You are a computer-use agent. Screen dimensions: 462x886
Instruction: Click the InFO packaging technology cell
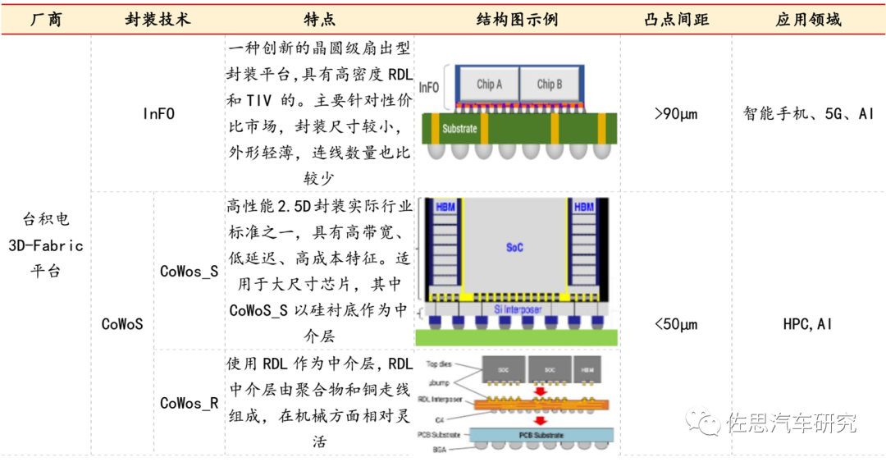[x=158, y=114]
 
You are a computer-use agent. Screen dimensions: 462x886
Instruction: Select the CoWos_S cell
[x=189, y=271]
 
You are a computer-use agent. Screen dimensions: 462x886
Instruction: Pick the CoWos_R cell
[x=189, y=403]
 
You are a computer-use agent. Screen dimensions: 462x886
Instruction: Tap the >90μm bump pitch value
[x=676, y=114]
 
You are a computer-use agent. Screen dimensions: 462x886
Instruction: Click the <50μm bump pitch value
[x=676, y=324]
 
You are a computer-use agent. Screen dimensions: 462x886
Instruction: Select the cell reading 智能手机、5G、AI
[x=808, y=114]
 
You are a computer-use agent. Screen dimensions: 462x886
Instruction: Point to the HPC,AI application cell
[x=808, y=324]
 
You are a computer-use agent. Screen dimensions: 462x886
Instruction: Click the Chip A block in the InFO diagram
[x=489, y=85]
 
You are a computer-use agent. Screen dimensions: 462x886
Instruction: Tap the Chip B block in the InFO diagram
[x=549, y=85]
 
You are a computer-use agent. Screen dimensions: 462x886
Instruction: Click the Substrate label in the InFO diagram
[x=459, y=129]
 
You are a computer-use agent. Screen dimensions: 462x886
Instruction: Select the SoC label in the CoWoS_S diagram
[x=514, y=247]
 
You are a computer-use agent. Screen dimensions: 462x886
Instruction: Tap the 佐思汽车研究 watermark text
[x=791, y=423]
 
